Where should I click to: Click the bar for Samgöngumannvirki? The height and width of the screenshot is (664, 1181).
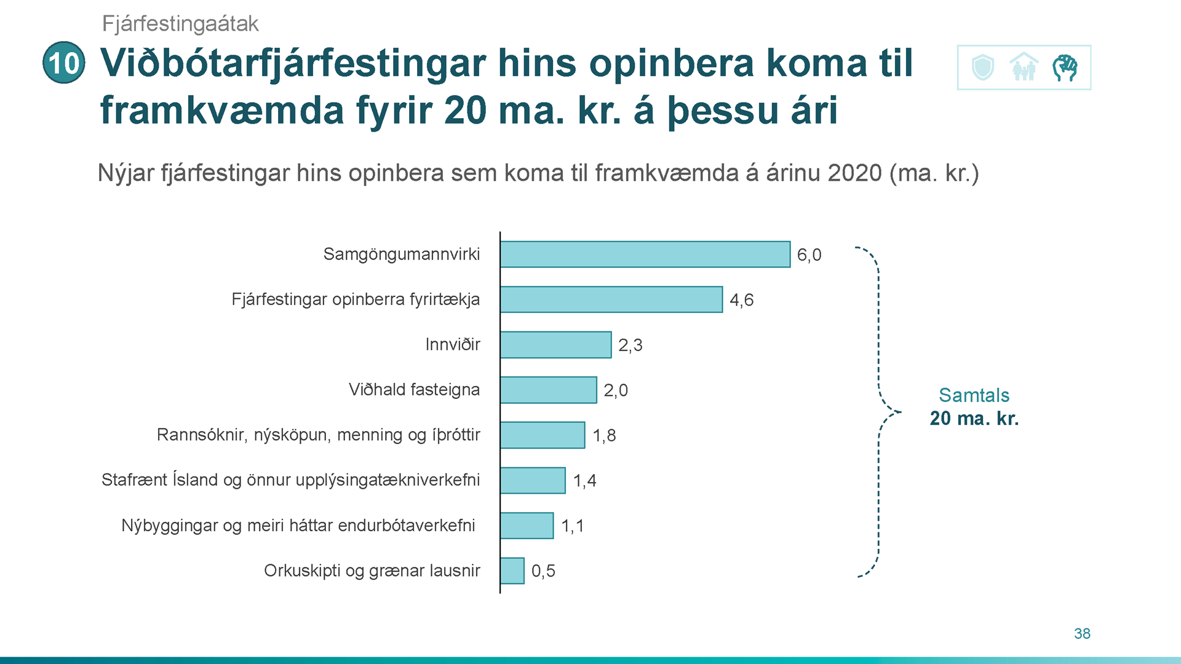[645, 255]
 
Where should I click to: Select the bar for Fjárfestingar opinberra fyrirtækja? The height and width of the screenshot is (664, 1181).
[611, 299]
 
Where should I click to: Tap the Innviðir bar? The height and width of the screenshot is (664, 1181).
[556, 345]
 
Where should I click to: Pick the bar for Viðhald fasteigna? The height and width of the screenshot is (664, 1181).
[549, 390]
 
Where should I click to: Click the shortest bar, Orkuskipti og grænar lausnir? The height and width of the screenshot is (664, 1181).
[512, 571]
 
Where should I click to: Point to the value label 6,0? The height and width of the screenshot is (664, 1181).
[809, 255]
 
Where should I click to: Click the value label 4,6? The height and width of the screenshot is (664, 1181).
[741, 300]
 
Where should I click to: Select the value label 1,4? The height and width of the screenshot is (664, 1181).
[584, 481]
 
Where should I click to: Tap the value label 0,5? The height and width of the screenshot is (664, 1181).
[543, 571]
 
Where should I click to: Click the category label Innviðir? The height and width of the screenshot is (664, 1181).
[453, 344]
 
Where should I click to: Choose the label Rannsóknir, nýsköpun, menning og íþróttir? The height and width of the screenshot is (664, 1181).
[319, 435]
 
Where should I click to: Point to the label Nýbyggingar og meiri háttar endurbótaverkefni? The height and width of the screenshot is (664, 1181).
[298, 526]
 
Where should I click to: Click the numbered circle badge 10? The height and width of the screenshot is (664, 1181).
[64, 63]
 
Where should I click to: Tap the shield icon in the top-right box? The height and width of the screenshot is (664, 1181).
[983, 67]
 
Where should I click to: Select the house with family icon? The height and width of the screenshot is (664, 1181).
[1024, 67]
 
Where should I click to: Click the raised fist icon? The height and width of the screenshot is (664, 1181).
[1065, 68]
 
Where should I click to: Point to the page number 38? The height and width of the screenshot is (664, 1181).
[1082, 634]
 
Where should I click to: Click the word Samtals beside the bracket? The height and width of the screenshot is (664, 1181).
[974, 395]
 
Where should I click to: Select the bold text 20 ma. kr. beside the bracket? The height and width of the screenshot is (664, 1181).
[974, 419]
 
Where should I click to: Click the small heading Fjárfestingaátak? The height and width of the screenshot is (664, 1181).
[180, 24]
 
